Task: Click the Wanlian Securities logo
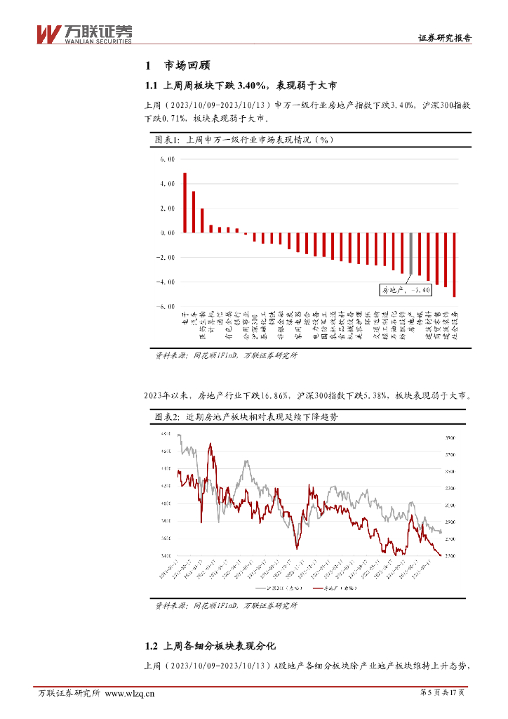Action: point(83,33)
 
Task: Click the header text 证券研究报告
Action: point(445,39)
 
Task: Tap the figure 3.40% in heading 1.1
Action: point(252,86)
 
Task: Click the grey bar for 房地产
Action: point(410,253)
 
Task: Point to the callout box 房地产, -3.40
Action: point(401,288)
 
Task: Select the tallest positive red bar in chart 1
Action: point(185,202)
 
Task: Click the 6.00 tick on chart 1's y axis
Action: point(166,159)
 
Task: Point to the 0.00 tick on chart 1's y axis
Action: point(166,233)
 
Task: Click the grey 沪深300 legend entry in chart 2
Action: point(276,588)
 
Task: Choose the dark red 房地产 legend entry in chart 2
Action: point(335,588)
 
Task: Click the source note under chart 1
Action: point(226,356)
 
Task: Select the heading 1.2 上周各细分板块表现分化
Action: point(211,645)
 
